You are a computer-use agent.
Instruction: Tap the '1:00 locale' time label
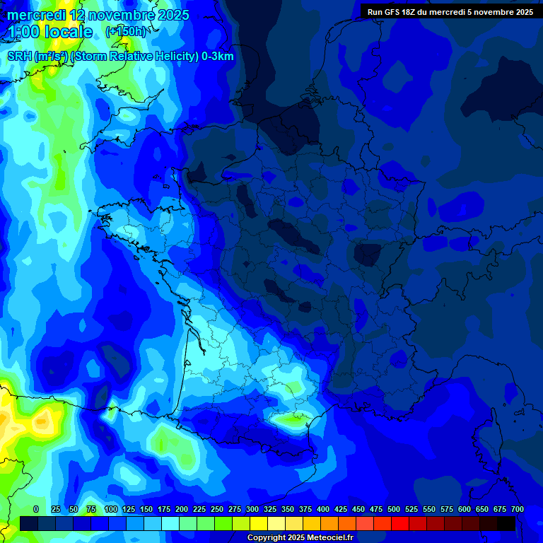coord(51,32)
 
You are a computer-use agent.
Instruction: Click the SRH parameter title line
coord(121,57)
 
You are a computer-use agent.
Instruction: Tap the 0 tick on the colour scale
coord(36,509)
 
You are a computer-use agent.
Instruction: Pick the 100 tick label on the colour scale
coord(111,509)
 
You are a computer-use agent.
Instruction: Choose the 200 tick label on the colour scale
coord(182,509)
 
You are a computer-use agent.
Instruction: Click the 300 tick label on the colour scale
coord(252,509)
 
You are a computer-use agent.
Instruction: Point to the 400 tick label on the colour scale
coord(323,509)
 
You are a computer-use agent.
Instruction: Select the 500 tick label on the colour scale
coord(394,509)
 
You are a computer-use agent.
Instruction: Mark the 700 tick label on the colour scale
coord(518,509)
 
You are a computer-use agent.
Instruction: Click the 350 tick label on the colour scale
coord(288,509)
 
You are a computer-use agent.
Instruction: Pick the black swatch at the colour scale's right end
coord(506,523)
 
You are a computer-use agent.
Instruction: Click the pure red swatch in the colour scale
coord(400,523)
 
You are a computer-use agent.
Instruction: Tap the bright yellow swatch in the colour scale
coord(259,523)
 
